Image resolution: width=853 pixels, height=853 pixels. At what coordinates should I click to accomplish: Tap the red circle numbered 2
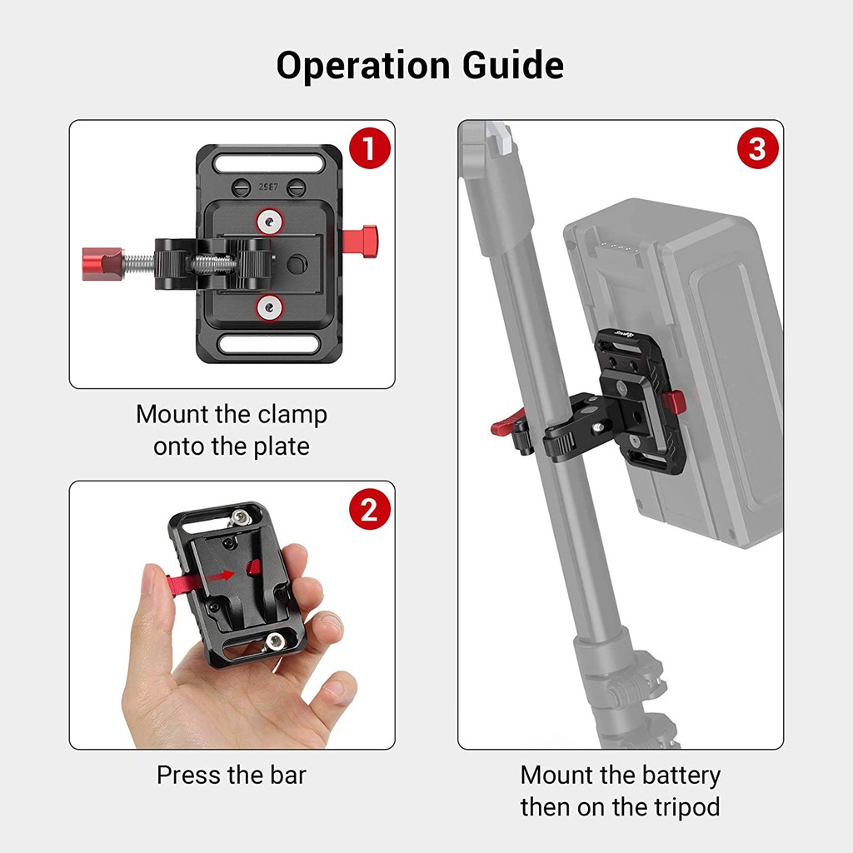tap(369, 510)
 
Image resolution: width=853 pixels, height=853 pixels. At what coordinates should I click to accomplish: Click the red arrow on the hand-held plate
tap(221, 576)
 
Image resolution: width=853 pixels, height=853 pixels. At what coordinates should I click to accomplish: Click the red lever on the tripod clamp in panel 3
tap(502, 427)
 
